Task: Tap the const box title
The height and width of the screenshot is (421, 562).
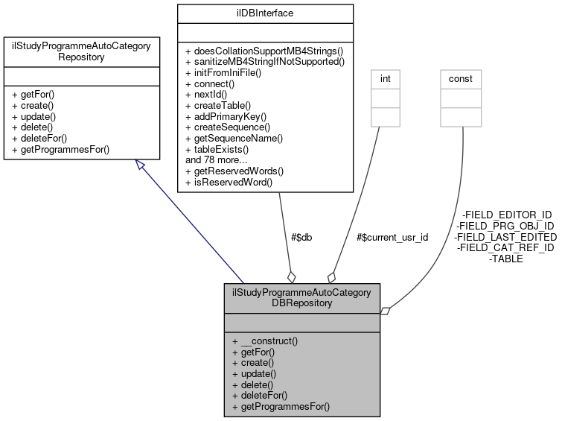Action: click(461, 77)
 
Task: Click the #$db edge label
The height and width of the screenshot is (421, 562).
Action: click(301, 237)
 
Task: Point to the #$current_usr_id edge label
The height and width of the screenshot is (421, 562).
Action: click(392, 237)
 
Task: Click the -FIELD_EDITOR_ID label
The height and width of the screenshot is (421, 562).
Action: click(506, 215)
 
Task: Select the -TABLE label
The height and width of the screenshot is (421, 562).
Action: click(505, 259)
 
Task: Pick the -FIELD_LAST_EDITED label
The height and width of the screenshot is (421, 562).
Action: click(505, 237)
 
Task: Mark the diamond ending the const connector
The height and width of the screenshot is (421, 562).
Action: click(386, 311)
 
